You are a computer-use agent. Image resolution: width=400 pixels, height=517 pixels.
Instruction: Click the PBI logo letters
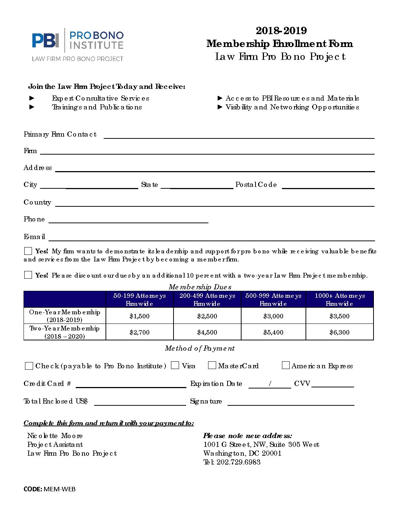click(45, 40)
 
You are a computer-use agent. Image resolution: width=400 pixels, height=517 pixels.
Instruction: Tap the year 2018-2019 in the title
click(281, 30)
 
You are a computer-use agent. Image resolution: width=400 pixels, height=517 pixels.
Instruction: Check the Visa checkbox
click(175, 365)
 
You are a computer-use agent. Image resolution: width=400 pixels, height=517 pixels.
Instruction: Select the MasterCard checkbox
click(212, 365)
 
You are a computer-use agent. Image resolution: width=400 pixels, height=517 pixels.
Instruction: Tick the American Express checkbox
click(286, 365)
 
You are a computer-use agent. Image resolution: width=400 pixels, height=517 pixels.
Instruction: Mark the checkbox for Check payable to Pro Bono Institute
click(29, 366)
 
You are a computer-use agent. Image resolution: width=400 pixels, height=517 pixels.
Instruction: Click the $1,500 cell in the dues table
click(139, 316)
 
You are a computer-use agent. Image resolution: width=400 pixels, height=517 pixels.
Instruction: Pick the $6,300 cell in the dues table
click(339, 332)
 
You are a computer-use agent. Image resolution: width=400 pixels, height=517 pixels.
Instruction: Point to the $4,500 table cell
click(207, 332)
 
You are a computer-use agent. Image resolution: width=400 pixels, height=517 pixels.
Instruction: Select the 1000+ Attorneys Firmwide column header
click(339, 300)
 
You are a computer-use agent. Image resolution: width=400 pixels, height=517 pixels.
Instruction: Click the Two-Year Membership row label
click(64, 332)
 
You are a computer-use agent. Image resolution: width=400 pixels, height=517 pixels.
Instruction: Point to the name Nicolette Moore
click(55, 436)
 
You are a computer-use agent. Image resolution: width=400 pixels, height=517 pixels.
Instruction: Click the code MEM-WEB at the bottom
click(60, 489)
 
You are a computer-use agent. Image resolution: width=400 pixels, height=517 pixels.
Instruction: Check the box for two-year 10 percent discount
click(28, 275)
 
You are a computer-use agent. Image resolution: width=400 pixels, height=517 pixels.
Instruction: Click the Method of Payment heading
click(200, 348)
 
